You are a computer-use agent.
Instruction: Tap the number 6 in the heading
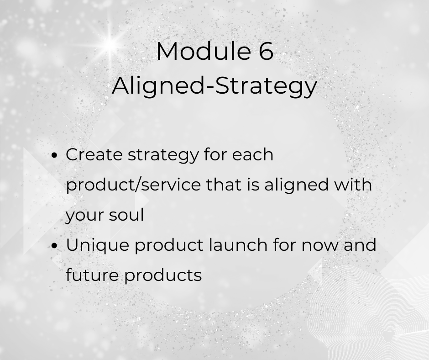(x=266, y=51)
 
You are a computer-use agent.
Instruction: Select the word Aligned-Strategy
(x=214, y=85)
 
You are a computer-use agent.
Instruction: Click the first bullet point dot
(x=55, y=155)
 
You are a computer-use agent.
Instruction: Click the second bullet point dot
(x=55, y=245)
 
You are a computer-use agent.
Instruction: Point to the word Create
(x=94, y=154)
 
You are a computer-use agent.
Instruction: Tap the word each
(x=252, y=154)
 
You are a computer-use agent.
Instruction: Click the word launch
(x=238, y=244)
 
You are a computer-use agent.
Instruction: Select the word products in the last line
(x=163, y=275)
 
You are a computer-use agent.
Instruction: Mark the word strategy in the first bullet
(x=163, y=155)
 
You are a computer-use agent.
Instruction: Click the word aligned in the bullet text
(x=296, y=185)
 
